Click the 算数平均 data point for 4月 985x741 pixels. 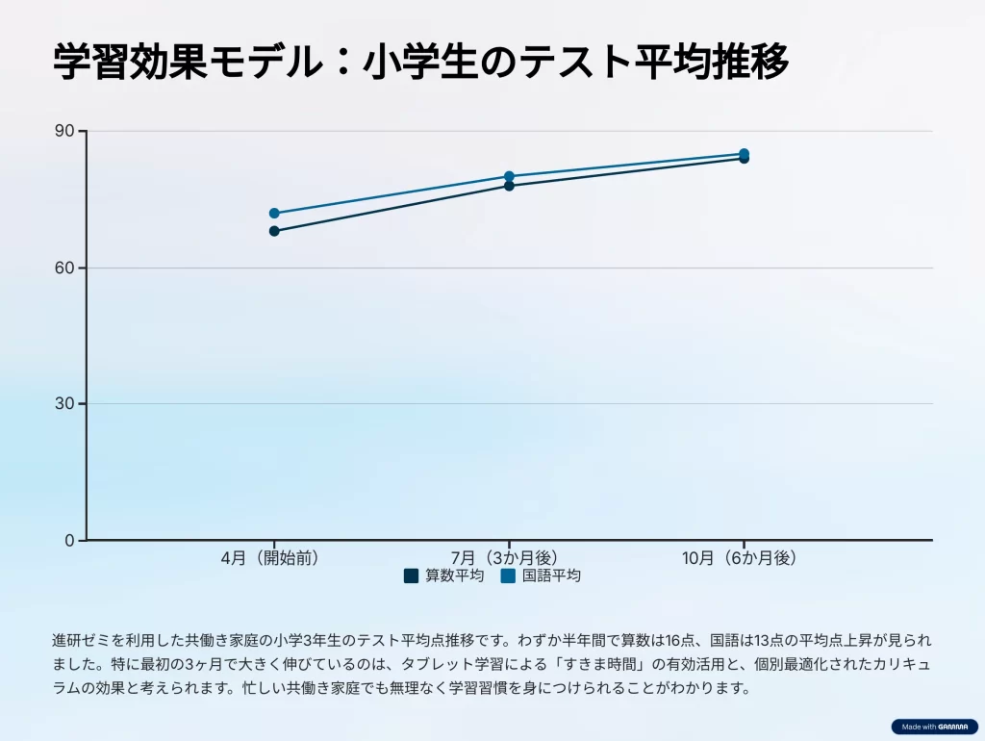coord(274,231)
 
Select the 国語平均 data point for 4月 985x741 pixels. coord(274,213)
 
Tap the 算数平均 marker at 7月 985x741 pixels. coord(509,186)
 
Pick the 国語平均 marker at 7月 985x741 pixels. coord(509,176)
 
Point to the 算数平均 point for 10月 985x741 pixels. coord(744,159)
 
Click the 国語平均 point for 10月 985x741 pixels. coord(744,153)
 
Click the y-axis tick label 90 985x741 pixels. coord(64,131)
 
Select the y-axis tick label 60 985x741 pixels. coord(64,268)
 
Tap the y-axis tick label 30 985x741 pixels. coord(64,404)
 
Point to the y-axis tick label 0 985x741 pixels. coord(69,541)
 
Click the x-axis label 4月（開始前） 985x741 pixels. coord(274,557)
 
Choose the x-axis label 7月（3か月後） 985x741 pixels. coord(509,557)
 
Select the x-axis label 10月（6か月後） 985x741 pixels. coord(744,557)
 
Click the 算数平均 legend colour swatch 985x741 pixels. coord(412,575)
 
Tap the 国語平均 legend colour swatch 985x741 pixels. coord(509,575)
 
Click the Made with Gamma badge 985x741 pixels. coord(933,727)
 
